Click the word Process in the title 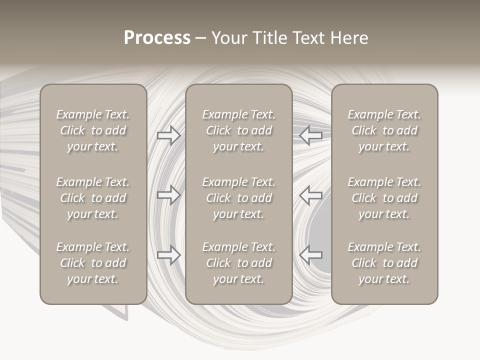click(157, 38)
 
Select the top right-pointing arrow click(169, 135)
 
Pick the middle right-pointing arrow click(169, 194)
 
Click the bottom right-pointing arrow click(169, 254)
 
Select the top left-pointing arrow click(310, 135)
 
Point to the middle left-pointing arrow click(310, 194)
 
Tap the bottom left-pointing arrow click(310, 254)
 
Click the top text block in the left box click(93, 130)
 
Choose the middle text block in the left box click(93, 198)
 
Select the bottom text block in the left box click(93, 263)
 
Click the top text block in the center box click(238, 130)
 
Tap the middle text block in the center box click(238, 198)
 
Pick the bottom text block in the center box click(238, 263)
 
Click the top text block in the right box click(384, 130)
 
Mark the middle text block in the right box click(384, 198)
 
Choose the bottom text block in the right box click(384, 263)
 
